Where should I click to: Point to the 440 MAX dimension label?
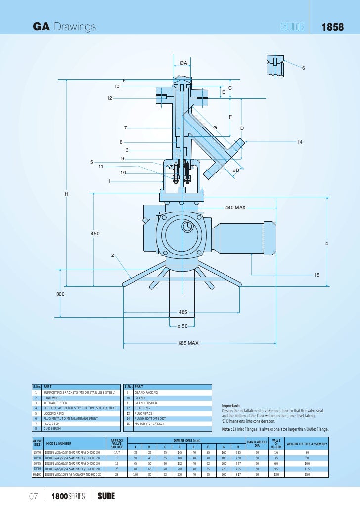(235, 208)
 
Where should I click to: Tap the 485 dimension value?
(183, 313)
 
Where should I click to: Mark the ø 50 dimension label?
(183, 326)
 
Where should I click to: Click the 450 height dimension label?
(95, 233)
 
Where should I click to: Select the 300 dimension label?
(60, 294)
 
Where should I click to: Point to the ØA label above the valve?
(183, 63)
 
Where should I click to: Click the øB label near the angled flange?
(236, 170)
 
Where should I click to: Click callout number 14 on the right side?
(299, 142)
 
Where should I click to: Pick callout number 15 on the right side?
(317, 275)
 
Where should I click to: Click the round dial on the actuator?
(187, 227)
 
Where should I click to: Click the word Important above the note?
(231, 406)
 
